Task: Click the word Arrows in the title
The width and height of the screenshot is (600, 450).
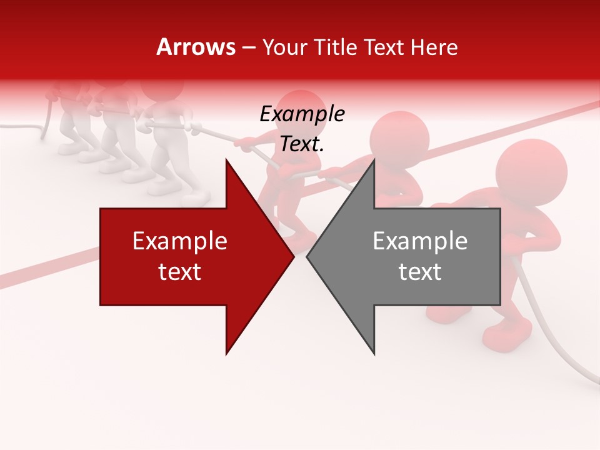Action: pyautogui.click(x=196, y=47)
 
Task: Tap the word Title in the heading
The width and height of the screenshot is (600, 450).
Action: pyautogui.click(x=335, y=47)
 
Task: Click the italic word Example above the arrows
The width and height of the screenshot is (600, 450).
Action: pyautogui.click(x=302, y=114)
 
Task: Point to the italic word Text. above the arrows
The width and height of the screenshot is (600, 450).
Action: pyautogui.click(x=302, y=144)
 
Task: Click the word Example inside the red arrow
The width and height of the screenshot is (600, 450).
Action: pyautogui.click(x=180, y=241)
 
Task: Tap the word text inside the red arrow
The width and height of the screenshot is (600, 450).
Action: pyautogui.click(x=180, y=272)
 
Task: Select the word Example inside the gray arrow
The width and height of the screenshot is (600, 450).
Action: pyautogui.click(x=420, y=241)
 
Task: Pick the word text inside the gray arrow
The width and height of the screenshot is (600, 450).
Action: pyautogui.click(x=420, y=272)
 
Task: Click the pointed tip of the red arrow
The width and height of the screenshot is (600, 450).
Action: pyautogui.click(x=294, y=256)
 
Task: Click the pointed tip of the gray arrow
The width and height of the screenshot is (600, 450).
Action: pyautogui.click(x=307, y=256)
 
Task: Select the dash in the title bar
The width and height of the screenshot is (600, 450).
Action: pyautogui.click(x=247, y=47)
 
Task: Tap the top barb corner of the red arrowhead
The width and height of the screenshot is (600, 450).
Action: pyautogui.click(x=226, y=159)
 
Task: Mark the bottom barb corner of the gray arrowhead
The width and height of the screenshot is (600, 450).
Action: pyautogui.click(x=374, y=354)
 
